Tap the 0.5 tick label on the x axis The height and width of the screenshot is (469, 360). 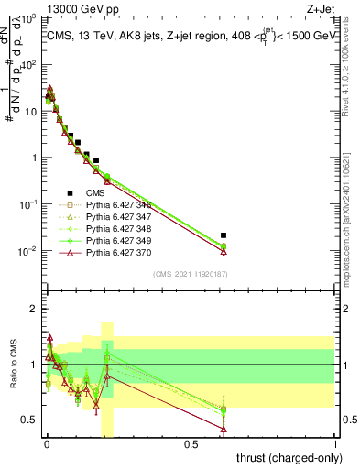(x=191, y=444)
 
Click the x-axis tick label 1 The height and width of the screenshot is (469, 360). (x=335, y=444)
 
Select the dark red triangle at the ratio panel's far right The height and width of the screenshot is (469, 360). (x=223, y=428)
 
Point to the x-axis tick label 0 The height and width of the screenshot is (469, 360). (x=47, y=444)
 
